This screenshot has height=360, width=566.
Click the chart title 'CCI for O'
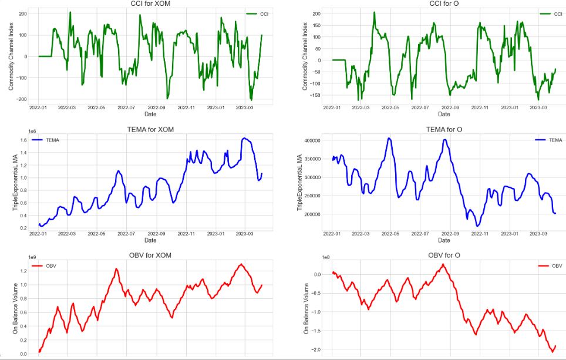(444, 4)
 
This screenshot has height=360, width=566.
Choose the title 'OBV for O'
(444, 255)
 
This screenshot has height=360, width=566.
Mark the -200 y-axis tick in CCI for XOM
(22, 99)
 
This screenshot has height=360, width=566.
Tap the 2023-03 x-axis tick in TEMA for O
(538, 233)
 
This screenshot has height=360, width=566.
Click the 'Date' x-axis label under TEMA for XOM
(150, 240)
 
